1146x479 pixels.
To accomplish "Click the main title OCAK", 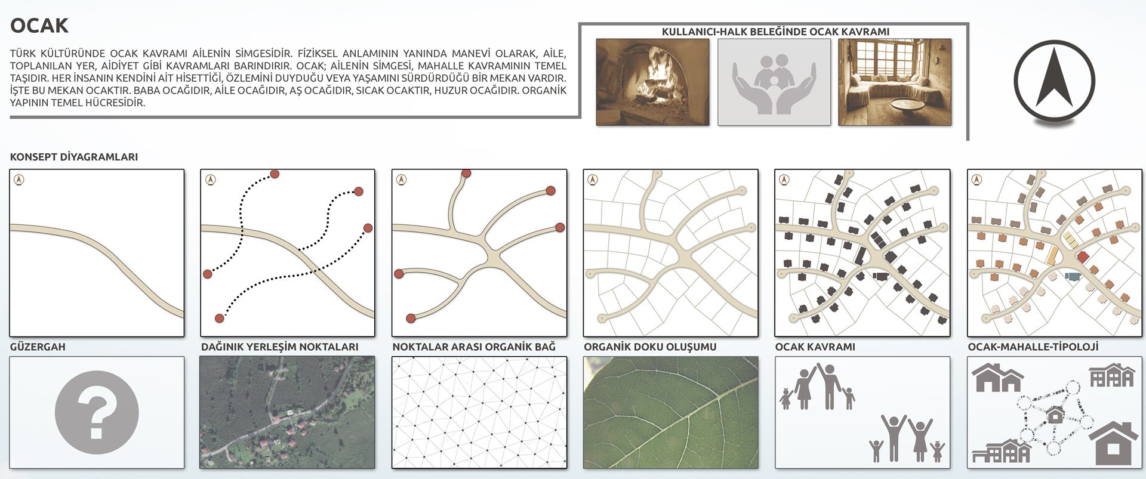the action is tap(39, 26).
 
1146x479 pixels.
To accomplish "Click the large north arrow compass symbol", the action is tap(1054, 81).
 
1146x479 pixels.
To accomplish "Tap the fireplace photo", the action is tap(652, 82).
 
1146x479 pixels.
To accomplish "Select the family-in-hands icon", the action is tap(774, 82).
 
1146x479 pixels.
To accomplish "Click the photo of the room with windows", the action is tap(895, 82).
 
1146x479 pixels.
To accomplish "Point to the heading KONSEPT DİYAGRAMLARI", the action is tap(74, 157).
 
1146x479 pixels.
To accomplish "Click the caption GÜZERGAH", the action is tap(38, 347).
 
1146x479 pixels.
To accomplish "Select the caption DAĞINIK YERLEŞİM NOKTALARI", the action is tap(280, 347).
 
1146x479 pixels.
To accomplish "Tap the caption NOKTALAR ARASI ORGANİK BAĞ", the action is tap(474, 347).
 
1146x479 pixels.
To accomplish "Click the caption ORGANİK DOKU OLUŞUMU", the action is tap(650, 347).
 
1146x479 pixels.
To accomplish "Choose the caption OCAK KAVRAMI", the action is tap(815, 347).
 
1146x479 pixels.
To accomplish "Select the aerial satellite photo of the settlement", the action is tap(288, 412).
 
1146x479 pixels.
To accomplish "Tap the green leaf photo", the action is tap(671, 412).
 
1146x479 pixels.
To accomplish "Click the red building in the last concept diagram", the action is tap(1082, 257).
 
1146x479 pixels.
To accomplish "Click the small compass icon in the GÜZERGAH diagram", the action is tap(19, 179).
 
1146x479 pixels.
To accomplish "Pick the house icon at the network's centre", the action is tap(1055, 414).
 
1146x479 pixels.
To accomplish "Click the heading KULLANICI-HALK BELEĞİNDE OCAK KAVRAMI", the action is tap(775, 32).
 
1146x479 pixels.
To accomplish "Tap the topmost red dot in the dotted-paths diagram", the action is tap(275, 174).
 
